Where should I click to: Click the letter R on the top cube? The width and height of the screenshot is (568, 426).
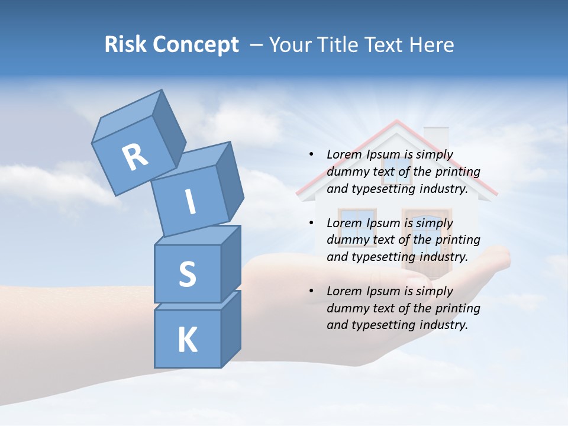pos(135,157)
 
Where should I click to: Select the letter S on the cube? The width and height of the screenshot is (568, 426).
pos(187,274)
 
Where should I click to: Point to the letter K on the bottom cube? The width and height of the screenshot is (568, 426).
pos(187,340)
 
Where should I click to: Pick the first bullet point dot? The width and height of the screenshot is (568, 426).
pos(311,154)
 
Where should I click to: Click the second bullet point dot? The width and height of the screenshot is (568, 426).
pos(311,223)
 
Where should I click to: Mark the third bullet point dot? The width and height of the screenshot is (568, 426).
pos(311,291)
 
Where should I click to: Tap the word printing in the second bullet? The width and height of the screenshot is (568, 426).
pos(457,240)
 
